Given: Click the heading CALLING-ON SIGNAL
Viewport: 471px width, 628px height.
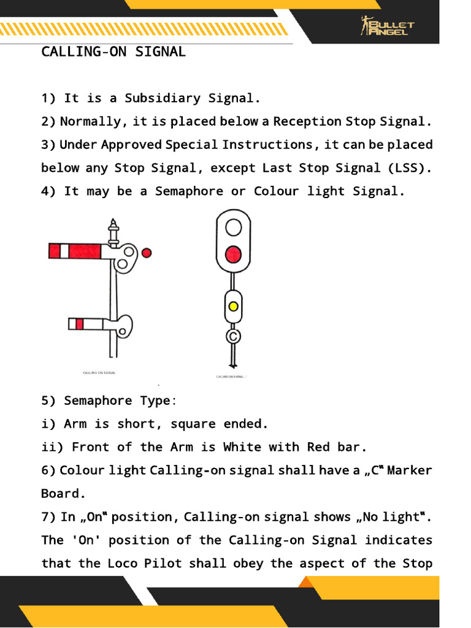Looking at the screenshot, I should (113, 52).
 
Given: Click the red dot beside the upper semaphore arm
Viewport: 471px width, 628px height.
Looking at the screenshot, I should (146, 252).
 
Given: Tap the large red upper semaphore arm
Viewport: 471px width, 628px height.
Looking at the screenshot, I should (80, 250).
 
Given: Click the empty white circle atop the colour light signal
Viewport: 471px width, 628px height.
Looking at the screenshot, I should (233, 228).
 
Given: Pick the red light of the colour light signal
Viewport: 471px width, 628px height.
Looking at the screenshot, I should (233, 253).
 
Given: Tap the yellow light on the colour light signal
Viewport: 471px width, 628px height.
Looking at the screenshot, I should (233, 306).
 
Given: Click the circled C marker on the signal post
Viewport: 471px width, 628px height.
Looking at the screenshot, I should (233, 335).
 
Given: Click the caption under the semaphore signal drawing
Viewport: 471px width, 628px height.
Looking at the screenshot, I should (99, 372).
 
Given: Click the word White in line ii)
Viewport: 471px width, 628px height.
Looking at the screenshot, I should (242, 447).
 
